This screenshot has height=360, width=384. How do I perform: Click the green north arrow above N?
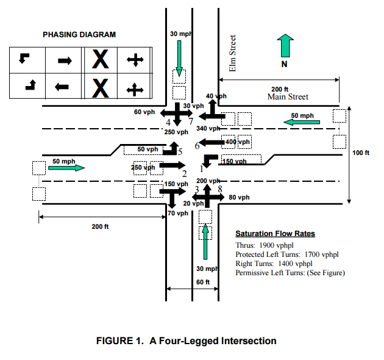(x=285, y=46)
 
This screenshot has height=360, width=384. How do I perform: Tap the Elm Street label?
(x=232, y=53)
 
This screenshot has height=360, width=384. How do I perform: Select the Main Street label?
(x=288, y=96)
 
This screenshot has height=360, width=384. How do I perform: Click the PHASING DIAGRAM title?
(x=79, y=35)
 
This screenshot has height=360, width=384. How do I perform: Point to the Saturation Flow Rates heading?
(x=275, y=234)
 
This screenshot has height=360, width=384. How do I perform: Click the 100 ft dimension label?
(x=360, y=153)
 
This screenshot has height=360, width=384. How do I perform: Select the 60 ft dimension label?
(x=203, y=282)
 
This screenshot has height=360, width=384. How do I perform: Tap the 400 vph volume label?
(x=238, y=142)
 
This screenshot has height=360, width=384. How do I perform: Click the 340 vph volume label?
(x=208, y=128)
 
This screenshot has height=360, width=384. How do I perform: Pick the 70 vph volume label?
(x=178, y=213)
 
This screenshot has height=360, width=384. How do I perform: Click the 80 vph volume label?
(x=239, y=197)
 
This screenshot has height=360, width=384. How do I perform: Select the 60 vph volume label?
(x=144, y=112)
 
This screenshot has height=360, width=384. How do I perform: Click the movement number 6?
(x=197, y=146)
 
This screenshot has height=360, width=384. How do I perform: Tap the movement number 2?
(x=185, y=174)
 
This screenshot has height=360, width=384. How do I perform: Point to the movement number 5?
(x=180, y=152)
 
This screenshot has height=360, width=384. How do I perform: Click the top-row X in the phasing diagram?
(x=101, y=59)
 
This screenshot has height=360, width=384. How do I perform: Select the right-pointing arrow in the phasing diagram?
(x=65, y=60)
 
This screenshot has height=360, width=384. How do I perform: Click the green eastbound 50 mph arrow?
(x=66, y=168)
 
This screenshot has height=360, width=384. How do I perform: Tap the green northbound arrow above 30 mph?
(x=205, y=241)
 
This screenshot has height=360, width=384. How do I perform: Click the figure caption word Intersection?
(x=249, y=341)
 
